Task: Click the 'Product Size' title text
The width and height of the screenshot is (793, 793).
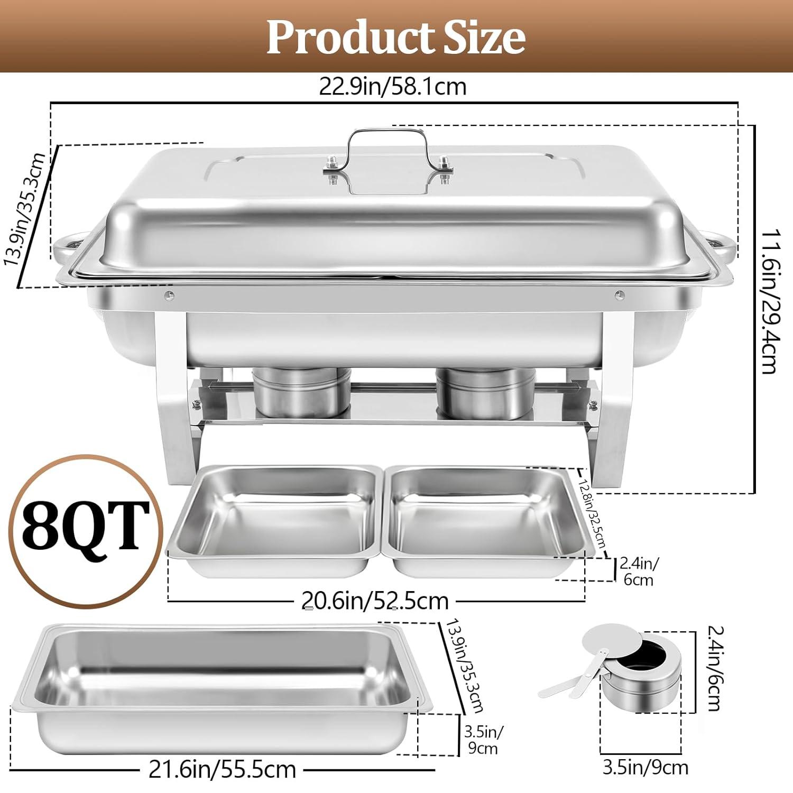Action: (x=396, y=36)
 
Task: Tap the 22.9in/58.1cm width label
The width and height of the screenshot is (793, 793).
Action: (x=392, y=86)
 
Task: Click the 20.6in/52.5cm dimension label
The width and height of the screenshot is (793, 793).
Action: (x=375, y=601)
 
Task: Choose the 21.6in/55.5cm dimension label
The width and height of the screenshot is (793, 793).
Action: (x=222, y=770)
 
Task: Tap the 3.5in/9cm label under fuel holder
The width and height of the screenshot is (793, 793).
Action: (x=646, y=767)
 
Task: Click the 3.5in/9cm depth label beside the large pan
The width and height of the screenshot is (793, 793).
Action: (x=483, y=740)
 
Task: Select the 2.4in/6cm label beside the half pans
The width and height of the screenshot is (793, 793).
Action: (x=639, y=571)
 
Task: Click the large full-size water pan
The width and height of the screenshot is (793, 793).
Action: (x=222, y=687)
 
